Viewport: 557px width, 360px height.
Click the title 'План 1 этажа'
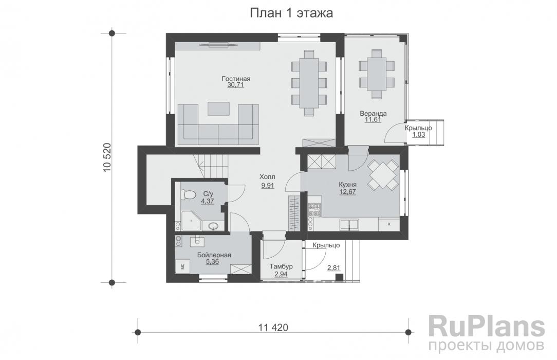291,13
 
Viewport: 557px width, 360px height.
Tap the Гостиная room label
236,79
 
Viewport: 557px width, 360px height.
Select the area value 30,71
236,85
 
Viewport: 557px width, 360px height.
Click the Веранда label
373,113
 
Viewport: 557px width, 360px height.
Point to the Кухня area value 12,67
348,192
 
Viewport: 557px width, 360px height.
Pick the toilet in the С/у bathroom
188,195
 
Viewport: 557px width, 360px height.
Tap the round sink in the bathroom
214,226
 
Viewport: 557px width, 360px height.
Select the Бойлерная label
214,255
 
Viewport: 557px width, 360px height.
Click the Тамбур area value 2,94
281,274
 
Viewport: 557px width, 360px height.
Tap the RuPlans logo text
486,327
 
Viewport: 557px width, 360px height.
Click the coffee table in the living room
218,109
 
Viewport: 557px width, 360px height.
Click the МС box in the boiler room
182,266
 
